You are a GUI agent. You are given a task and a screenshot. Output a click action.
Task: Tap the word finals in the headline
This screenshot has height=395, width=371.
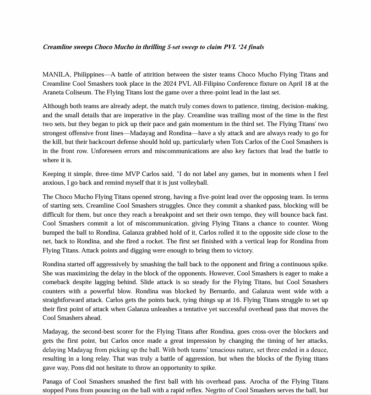click(x=255, y=47)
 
